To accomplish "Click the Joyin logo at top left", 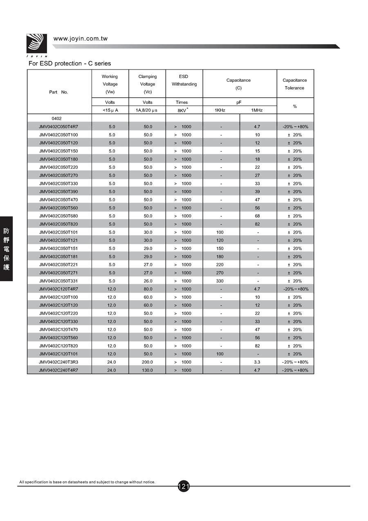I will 37,44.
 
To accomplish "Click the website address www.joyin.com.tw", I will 81,38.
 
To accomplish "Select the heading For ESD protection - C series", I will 70,63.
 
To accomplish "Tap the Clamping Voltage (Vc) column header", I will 147,84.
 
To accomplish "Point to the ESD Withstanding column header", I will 184,80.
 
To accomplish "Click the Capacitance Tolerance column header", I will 294,84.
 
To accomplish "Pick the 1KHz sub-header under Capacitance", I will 220,110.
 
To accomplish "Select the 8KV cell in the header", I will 182,110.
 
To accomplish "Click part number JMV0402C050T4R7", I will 58,127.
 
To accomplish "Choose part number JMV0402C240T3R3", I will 58,362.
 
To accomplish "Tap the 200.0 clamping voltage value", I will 147,362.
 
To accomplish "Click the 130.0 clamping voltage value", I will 147,370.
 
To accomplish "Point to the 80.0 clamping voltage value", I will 147,289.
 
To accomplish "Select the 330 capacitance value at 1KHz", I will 220,281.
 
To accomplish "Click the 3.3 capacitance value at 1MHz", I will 257,362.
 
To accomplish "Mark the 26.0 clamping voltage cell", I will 147,281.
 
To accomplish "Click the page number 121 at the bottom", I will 184,486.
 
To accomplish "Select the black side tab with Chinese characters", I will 7,248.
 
